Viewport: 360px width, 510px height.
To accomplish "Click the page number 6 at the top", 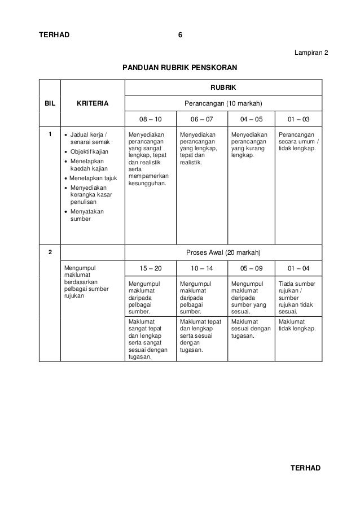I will (180, 35).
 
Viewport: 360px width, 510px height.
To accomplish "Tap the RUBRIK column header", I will (223, 88).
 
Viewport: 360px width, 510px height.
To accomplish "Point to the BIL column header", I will (49, 103).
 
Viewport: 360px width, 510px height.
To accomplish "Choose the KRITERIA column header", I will (93, 103).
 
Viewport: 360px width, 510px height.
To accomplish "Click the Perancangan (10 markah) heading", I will (223, 103).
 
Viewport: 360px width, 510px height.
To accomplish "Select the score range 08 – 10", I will (150, 120).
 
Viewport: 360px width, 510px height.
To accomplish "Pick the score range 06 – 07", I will (200, 120).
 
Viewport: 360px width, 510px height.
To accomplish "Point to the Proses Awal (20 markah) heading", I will (223, 252).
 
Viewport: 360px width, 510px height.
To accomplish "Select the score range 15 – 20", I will (150, 268).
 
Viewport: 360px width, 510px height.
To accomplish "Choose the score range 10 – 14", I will (200, 268).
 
